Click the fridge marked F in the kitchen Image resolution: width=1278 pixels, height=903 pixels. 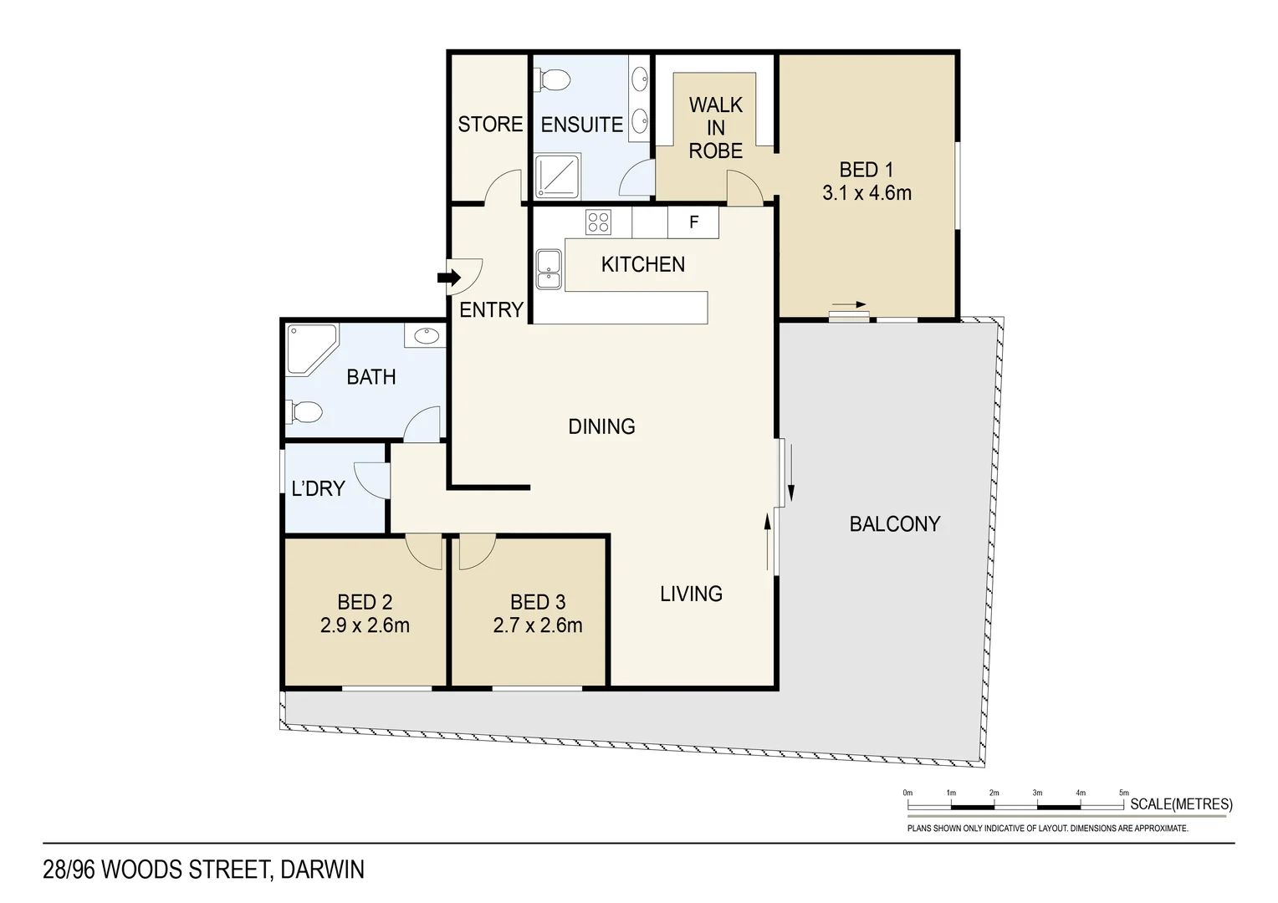tap(693, 222)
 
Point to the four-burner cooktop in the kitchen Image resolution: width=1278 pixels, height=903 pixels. tap(598, 222)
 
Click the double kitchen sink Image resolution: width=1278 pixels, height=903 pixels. tap(549, 269)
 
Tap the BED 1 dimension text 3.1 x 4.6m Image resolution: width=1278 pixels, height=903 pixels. tap(866, 193)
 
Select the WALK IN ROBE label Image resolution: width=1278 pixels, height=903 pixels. tap(716, 128)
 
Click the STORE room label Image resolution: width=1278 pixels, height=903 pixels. tap(490, 125)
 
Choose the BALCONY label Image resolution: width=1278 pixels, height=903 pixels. tap(895, 524)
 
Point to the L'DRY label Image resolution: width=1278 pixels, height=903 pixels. tap(318, 488)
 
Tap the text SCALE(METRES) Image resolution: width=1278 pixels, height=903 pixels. tap(1181, 804)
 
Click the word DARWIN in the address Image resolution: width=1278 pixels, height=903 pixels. tap(322, 870)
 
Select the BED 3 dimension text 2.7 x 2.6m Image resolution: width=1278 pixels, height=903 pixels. tap(538, 625)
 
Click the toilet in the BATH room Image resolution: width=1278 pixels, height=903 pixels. tap(305, 412)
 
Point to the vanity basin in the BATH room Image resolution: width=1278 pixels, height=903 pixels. tap(426, 336)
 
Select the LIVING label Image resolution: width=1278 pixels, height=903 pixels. tap(691, 594)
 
